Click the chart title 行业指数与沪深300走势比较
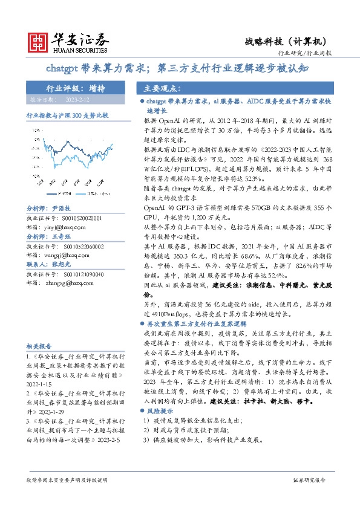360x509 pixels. [67, 115]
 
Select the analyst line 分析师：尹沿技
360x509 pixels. [48, 207]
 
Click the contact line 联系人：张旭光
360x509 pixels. [48, 264]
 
